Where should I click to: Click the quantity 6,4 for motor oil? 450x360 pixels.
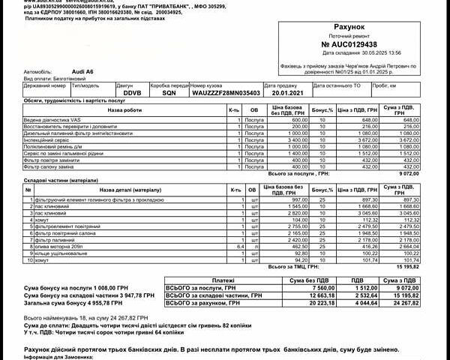point(239,245)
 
